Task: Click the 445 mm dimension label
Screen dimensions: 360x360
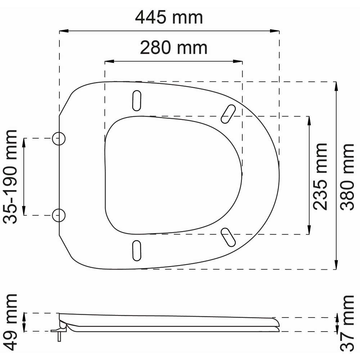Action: pyautogui.click(x=169, y=18)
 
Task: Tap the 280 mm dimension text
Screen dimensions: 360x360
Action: pyautogui.click(x=174, y=48)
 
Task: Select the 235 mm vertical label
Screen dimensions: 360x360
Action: pyautogui.click(x=320, y=176)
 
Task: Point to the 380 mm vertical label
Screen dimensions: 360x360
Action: pyautogui.click(x=347, y=177)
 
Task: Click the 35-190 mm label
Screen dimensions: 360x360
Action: pyautogui.click(x=10, y=176)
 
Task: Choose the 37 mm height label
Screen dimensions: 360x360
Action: pyautogui.click(x=347, y=323)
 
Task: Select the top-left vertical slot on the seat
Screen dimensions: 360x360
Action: pyautogui.click(x=136, y=100)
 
